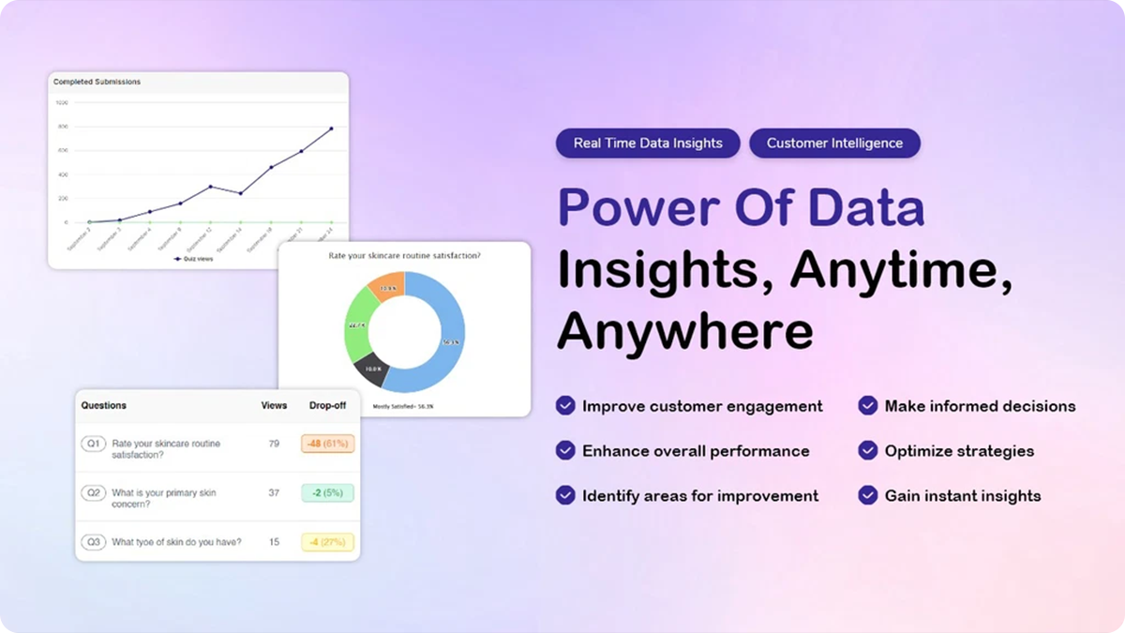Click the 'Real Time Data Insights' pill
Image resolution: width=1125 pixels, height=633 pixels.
point(648,143)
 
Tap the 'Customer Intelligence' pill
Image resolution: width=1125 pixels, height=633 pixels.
point(834,143)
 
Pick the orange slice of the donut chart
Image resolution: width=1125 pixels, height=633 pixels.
point(387,285)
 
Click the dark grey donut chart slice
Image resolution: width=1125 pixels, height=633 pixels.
point(371,368)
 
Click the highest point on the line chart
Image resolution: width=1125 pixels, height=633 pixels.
point(331,128)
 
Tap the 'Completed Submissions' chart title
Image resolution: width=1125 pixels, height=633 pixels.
point(97,82)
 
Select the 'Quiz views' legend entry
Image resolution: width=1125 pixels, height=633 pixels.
point(196,258)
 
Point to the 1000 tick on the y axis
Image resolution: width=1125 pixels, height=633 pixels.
point(62,102)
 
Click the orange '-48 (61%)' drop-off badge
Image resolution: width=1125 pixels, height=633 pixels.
point(327,444)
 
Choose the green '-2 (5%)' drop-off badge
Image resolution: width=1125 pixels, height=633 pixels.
point(327,493)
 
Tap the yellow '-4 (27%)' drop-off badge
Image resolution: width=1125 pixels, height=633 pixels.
point(327,542)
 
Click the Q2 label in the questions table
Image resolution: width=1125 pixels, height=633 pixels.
point(93,492)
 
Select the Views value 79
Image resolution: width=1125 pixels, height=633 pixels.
point(274,444)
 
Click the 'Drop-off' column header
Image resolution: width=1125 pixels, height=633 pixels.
point(327,406)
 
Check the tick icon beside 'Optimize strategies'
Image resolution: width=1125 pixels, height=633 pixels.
point(868,450)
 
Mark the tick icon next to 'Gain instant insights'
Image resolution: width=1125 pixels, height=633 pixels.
point(868,495)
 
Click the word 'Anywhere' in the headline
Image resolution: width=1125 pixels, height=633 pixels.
point(685,331)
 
